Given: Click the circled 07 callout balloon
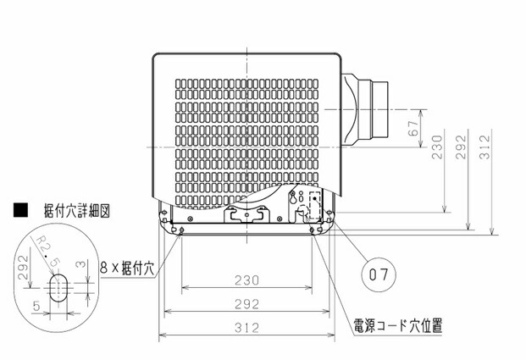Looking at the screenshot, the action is click(x=379, y=274).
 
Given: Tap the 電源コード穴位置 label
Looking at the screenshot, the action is click(x=398, y=325).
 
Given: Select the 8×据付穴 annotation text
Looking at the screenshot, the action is click(x=127, y=268).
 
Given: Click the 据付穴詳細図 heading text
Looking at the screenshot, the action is click(x=77, y=211).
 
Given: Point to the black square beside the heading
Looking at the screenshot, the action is click(x=21, y=210).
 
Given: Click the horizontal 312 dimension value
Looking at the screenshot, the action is click(x=246, y=328).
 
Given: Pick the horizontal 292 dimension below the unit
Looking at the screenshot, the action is click(x=246, y=304).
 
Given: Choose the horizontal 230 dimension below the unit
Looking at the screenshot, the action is click(x=246, y=280).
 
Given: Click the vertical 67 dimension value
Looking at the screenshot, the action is click(x=413, y=128).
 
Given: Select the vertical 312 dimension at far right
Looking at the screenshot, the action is click(x=484, y=147).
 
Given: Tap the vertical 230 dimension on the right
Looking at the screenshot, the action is click(x=437, y=147).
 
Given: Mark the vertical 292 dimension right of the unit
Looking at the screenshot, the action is click(x=462, y=147).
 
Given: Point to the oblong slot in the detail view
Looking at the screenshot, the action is click(x=58, y=287).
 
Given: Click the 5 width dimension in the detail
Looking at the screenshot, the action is click(x=36, y=306).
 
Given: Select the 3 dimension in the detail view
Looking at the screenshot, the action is click(x=81, y=264).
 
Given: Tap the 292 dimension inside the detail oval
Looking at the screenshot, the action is click(x=23, y=268).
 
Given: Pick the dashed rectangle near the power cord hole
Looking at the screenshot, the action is click(x=314, y=205).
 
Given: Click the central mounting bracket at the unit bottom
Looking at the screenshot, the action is click(x=246, y=214).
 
